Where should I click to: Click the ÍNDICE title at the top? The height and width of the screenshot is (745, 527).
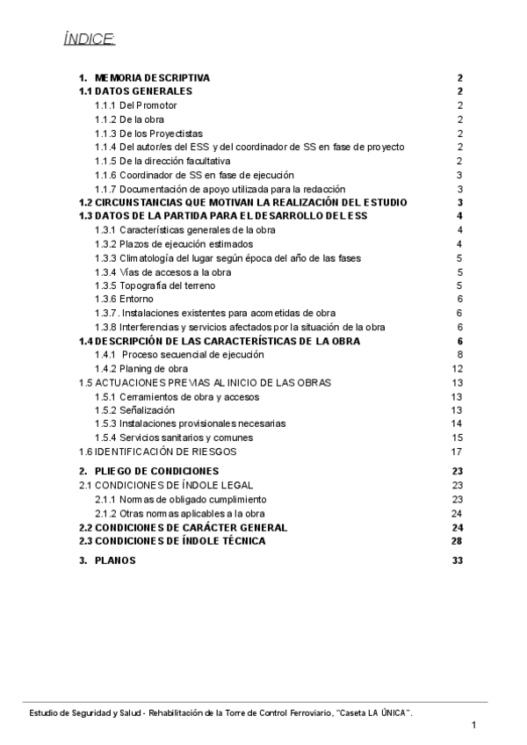89,39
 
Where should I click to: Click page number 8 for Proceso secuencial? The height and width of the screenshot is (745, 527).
459,354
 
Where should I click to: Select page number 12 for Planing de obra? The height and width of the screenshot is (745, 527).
457,368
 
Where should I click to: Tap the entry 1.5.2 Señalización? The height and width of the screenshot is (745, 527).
134,409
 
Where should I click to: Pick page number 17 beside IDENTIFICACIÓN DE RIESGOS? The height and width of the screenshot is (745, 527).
457,452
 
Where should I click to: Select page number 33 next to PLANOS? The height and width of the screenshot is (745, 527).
457,561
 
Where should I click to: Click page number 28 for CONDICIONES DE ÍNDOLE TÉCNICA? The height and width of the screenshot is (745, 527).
457,541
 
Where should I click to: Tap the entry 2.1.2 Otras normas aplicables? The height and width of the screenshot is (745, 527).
167,513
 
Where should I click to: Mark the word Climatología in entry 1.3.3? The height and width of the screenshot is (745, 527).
148,257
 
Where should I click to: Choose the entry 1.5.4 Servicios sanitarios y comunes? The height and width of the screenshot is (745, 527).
174,438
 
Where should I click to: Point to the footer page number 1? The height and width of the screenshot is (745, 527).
473,725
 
